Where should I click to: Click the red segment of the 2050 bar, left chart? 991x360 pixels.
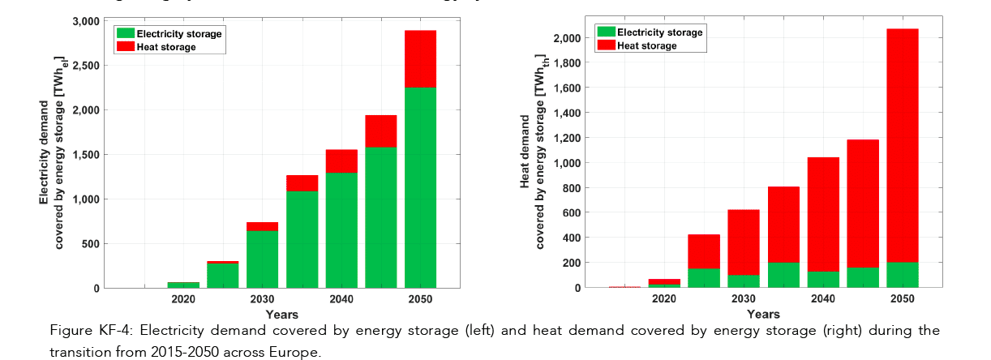click(x=421, y=58)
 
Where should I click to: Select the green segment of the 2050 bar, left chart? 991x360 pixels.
click(x=421, y=186)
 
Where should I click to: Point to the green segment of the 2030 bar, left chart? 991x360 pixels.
click(x=262, y=259)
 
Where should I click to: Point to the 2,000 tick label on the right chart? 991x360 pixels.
click(x=565, y=38)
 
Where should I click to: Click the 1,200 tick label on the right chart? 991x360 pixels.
click(x=565, y=138)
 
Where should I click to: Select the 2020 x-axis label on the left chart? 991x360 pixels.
click(x=183, y=299)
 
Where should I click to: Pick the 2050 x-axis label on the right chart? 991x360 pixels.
click(x=902, y=299)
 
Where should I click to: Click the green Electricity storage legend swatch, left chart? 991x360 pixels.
click(x=125, y=34)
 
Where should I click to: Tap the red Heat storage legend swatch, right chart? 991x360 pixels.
click(x=606, y=45)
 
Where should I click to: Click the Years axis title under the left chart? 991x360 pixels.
click(x=281, y=315)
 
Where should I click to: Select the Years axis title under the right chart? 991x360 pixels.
click(x=763, y=315)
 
